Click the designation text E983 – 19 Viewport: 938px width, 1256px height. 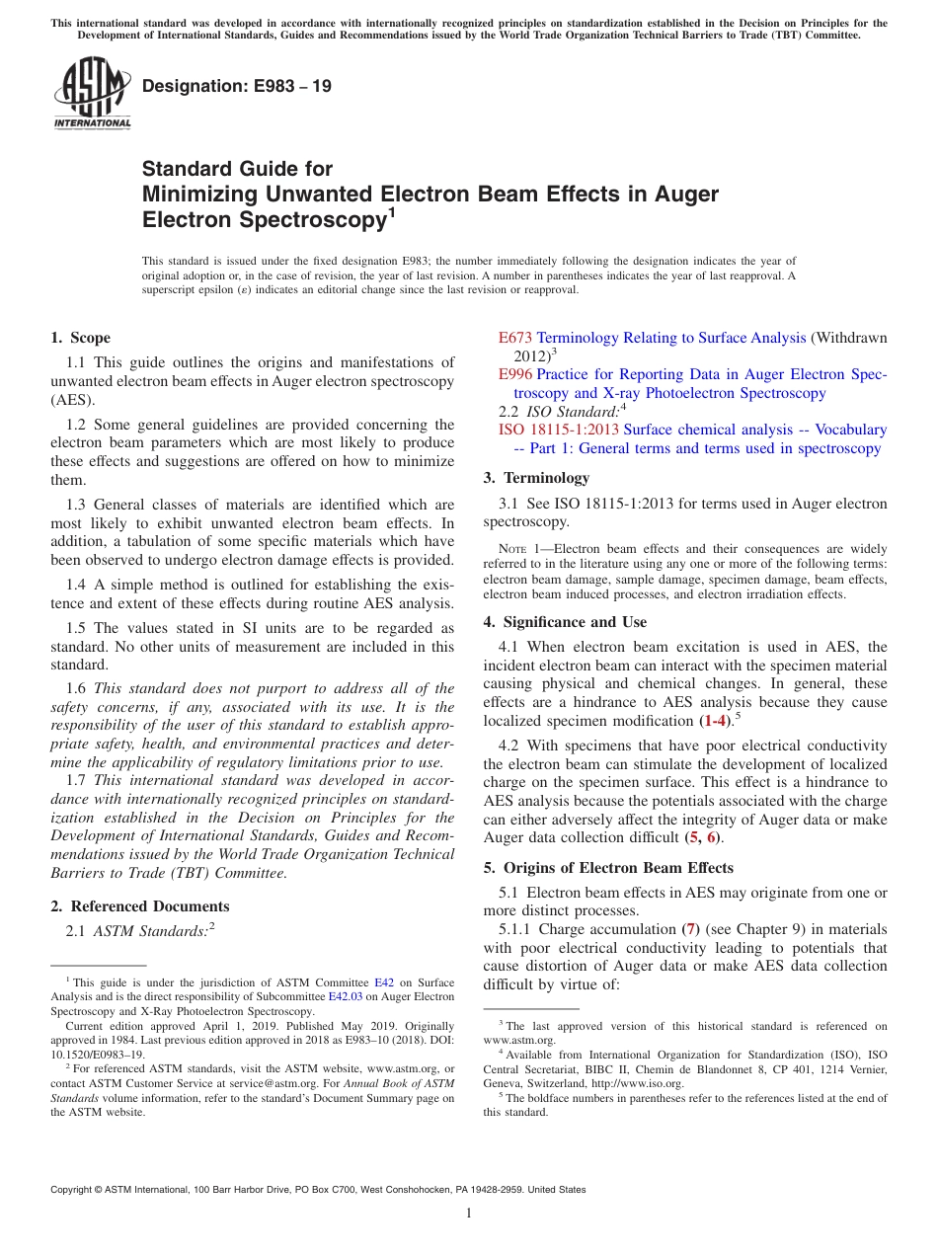click(237, 87)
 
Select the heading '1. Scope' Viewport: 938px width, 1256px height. click(81, 338)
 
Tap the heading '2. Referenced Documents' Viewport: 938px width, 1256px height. click(140, 906)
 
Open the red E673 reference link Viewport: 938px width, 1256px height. click(515, 338)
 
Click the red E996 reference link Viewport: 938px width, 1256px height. click(515, 374)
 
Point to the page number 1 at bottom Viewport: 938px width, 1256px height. click(469, 1215)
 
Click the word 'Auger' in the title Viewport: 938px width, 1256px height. click(683, 194)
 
